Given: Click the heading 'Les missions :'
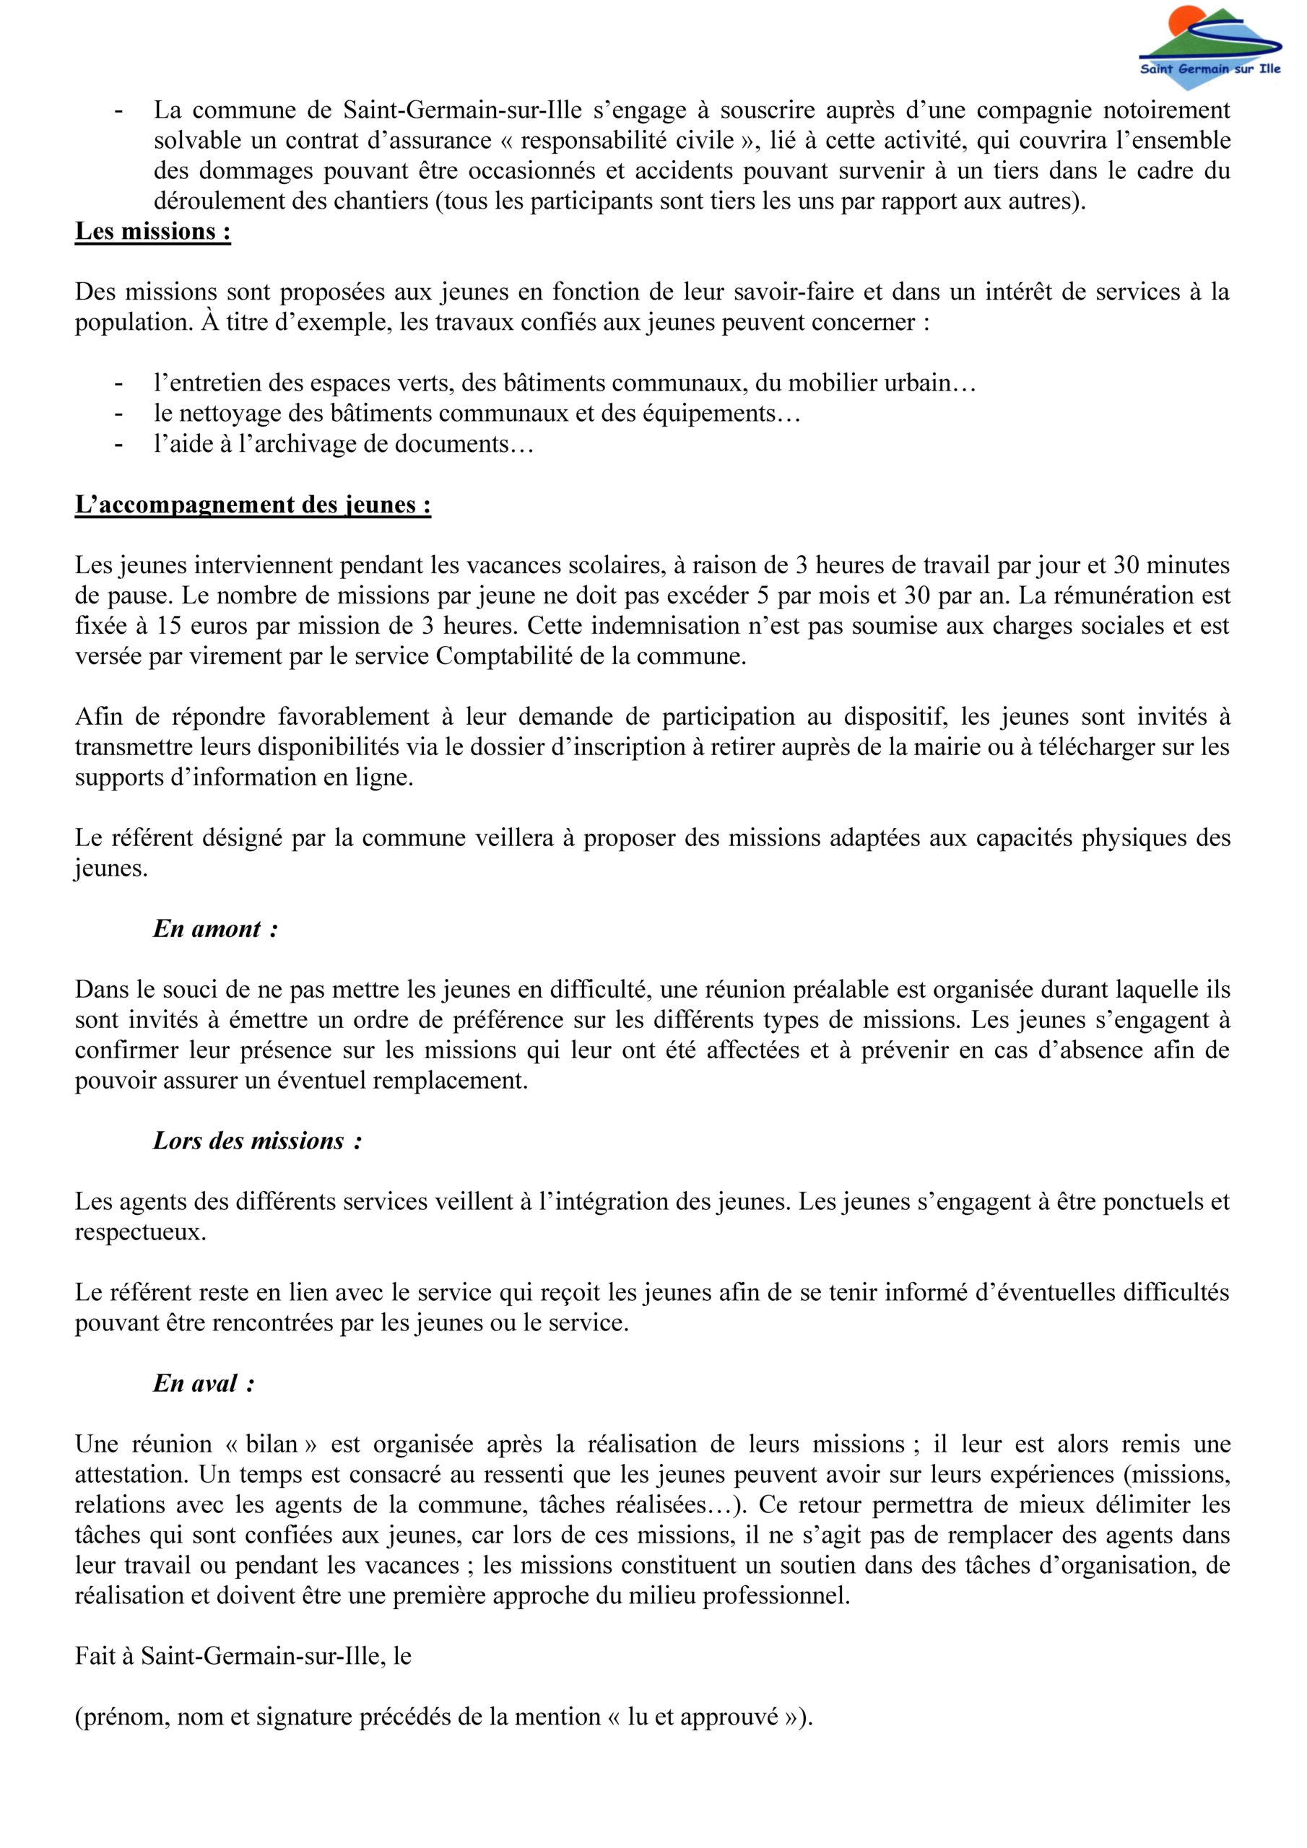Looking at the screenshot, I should click(153, 232).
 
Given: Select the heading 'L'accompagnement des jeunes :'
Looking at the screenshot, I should click(253, 505).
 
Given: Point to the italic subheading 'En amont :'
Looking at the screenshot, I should click(216, 929).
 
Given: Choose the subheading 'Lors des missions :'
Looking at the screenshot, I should click(257, 1141).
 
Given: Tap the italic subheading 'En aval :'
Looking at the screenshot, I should click(204, 1384).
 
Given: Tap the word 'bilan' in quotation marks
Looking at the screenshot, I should click(272, 1444).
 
